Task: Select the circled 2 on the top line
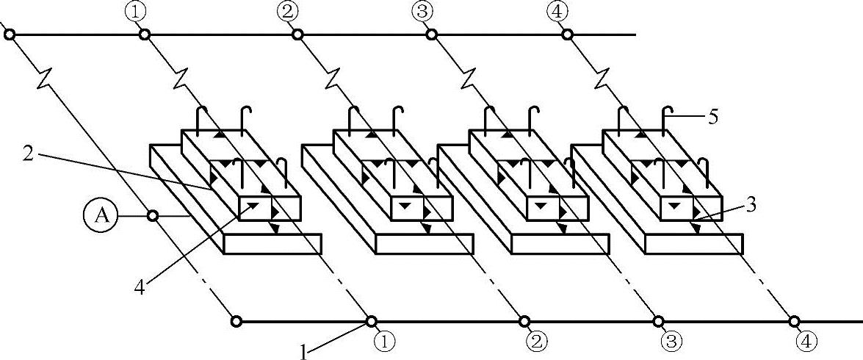point(288,11)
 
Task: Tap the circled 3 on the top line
point(422,11)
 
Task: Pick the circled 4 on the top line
point(557,11)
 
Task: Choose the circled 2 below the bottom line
point(536,341)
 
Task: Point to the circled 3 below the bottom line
point(671,341)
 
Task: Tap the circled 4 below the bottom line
point(806,341)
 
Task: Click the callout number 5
point(714,117)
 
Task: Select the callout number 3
point(749,206)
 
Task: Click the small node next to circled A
point(153,216)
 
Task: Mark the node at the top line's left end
point(9,34)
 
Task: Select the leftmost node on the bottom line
point(236,321)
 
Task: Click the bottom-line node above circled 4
point(795,321)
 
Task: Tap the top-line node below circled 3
point(432,34)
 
